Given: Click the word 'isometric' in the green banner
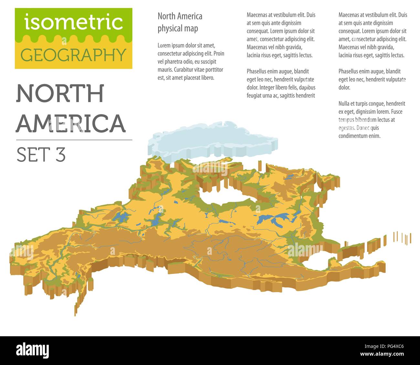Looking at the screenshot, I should click(73, 22).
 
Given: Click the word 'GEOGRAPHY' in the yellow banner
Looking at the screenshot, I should click(73, 55).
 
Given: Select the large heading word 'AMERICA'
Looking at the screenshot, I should click(71, 123).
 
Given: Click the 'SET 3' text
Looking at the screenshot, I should click(41, 155).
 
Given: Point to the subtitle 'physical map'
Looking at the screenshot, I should click(178, 28).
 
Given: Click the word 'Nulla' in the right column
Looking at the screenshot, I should click(344, 104).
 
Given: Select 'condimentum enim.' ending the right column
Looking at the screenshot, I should click(359, 136).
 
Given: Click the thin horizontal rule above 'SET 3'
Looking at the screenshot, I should click(74, 140).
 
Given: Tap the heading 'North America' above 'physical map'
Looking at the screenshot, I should click(180, 16).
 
